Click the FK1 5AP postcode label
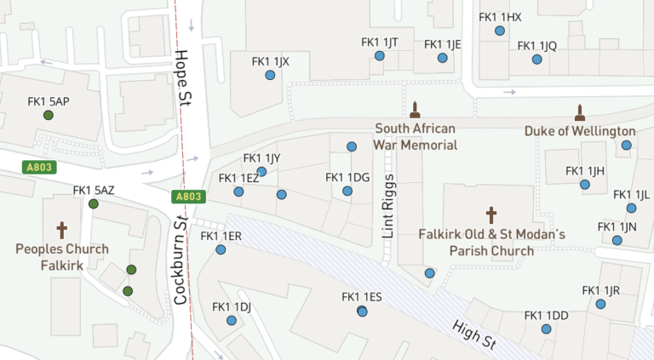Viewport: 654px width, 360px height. point(49,101)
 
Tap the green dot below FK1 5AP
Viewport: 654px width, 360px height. point(49,116)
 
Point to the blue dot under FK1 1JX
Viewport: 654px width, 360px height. point(270,75)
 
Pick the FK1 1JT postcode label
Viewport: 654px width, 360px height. point(380,43)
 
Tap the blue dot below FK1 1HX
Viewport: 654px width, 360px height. point(500,31)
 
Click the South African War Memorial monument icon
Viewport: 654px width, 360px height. point(416,109)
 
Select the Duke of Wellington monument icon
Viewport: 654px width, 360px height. point(580,112)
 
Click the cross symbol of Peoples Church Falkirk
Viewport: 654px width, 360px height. point(61,230)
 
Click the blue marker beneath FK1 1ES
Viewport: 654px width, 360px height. point(362,311)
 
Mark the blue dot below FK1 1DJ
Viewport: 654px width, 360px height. point(232,321)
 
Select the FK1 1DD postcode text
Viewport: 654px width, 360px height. point(546,316)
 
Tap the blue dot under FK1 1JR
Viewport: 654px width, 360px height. point(605,304)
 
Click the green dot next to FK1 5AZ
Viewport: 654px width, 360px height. point(93,203)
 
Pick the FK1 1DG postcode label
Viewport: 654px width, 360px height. point(347,177)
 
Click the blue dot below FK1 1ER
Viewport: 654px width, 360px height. point(221,250)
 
